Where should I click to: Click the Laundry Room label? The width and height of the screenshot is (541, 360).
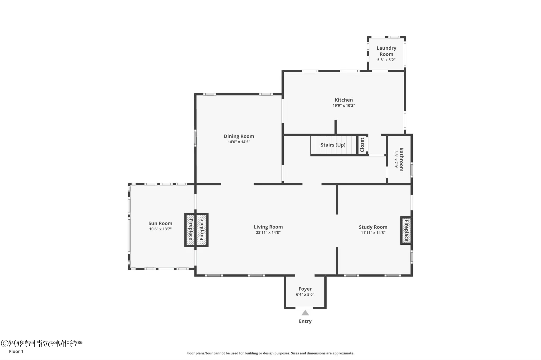click(386, 51)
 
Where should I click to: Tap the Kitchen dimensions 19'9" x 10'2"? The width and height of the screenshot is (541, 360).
click(343, 106)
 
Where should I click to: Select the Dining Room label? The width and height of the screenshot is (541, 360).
click(239, 136)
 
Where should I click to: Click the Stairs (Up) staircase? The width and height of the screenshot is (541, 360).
click(333, 145)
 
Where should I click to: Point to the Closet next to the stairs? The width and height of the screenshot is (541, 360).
click(362, 145)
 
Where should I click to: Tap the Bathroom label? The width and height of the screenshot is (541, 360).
click(401, 159)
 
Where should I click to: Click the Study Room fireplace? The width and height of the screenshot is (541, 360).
click(406, 230)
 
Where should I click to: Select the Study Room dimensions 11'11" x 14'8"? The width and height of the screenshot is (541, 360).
click(373, 233)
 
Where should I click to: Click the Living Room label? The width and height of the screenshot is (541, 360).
click(268, 227)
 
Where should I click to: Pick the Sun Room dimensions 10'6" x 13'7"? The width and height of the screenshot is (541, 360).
click(160, 229)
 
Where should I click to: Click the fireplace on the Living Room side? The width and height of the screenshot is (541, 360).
click(202, 230)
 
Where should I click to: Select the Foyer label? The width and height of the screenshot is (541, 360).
click(305, 289)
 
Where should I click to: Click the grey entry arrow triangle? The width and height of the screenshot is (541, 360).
click(305, 313)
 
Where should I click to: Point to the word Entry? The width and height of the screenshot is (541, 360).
click(305, 321)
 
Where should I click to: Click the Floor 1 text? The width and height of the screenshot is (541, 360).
click(16, 351)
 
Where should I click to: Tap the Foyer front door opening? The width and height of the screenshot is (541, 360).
click(304, 308)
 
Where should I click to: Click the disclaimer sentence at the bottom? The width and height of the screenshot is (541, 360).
click(270, 353)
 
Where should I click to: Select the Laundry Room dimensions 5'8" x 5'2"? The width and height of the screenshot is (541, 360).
click(386, 60)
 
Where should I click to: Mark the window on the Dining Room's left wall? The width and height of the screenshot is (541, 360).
click(195, 138)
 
